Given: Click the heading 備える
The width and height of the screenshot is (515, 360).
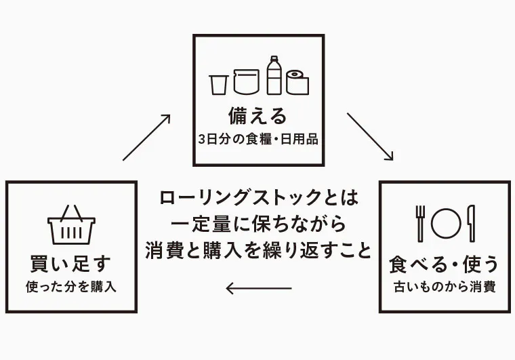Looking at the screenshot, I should click(258, 116).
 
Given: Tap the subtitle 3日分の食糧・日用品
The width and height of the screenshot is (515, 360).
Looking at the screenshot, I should click(258, 141).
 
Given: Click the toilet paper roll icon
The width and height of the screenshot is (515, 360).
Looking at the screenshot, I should click(297, 81).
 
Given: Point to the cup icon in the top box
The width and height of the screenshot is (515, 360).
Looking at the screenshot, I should click(218, 83).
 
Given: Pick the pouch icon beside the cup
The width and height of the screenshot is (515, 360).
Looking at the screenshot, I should click(246, 81).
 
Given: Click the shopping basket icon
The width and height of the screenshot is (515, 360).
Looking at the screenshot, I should click(71, 225).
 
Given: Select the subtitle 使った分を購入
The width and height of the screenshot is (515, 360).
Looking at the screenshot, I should click(71, 286).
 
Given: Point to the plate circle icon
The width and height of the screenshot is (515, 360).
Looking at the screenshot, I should click(445, 222).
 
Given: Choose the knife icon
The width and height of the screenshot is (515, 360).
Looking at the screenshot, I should click(472, 222).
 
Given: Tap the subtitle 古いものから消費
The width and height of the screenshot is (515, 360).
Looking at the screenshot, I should click(445, 286).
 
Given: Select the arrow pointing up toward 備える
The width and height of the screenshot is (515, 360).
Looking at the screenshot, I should click(146, 137).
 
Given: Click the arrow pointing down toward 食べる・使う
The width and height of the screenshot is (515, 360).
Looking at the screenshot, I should click(370, 136).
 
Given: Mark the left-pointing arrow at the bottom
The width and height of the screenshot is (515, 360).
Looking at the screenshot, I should click(258, 288).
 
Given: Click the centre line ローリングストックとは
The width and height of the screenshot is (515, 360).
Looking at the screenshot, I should click(258, 198).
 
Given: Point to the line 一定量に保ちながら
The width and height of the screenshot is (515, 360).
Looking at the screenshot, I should click(258, 224).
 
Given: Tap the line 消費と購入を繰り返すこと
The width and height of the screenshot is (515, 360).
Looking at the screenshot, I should click(258, 250).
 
